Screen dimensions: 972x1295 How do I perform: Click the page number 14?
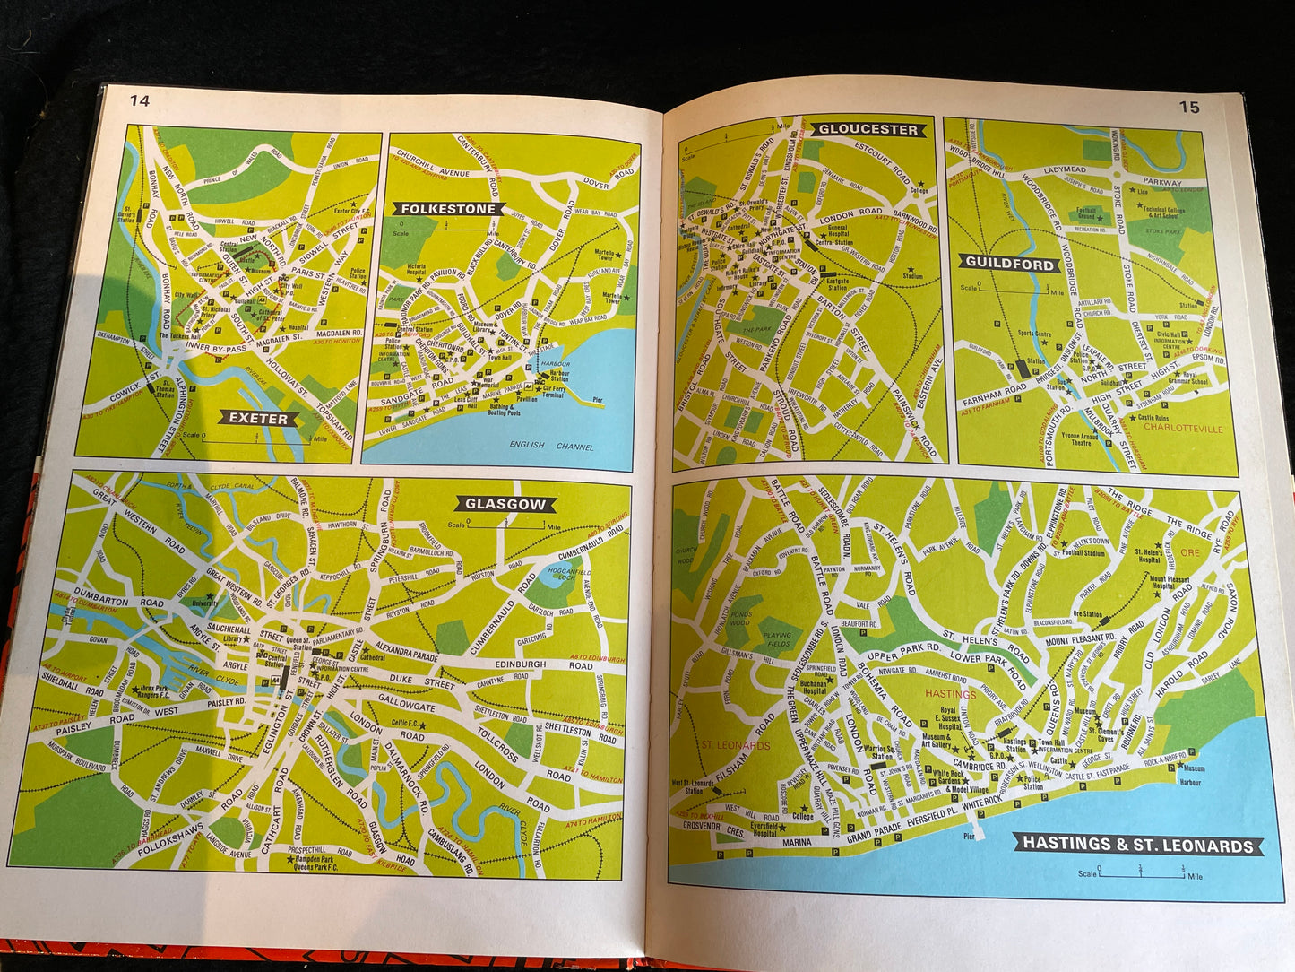[x=140, y=100]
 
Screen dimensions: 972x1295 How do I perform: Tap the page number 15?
[x=1188, y=108]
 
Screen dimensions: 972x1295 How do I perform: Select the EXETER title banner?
[x=258, y=418]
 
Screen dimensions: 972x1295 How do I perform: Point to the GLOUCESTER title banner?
[x=868, y=129]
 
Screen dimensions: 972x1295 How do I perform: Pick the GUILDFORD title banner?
[x=1009, y=263]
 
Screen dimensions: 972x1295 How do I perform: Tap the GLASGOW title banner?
[x=505, y=504]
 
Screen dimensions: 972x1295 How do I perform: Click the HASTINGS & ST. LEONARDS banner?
[x=1138, y=844]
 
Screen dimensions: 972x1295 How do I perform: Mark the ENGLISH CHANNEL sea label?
[x=551, y=445]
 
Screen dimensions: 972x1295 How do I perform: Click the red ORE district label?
[x=1189, y=552]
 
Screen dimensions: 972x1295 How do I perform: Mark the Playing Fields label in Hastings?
[x=777, y=638]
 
